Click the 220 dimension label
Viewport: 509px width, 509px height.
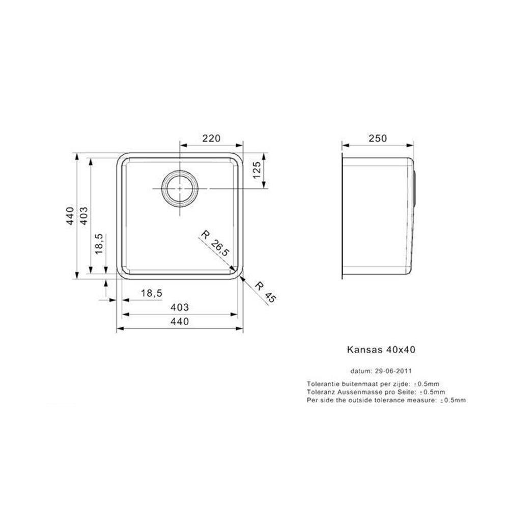click(x=211, y=138)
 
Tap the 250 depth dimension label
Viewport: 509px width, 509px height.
click(x=378, y=138)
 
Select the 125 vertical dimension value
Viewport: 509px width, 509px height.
click(x=257, y=170)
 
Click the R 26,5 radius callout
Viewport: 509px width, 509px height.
click(x=215, y=243)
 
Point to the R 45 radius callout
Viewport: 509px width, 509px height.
click(x=265, y=292)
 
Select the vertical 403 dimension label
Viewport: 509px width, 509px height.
click(x=83, y=216)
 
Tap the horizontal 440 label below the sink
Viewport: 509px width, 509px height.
click(x=180, y=321)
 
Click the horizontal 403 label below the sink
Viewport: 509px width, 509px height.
click(x=180, y=307)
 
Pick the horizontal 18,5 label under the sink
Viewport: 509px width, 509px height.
click(x=151, y=293)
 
